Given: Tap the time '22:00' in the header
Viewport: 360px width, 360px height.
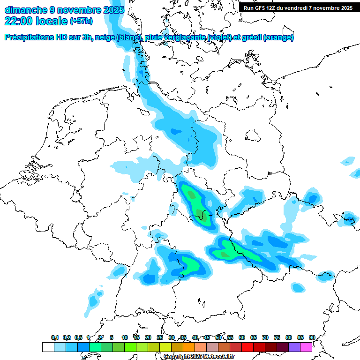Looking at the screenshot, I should click(19, 21).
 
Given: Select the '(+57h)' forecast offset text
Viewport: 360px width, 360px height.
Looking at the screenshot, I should click(81, 22).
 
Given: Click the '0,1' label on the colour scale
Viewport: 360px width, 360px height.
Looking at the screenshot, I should click(54, 337).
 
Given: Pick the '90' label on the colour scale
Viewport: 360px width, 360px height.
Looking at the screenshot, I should click(312, 337).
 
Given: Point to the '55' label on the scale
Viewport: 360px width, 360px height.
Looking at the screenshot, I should click(230, 337).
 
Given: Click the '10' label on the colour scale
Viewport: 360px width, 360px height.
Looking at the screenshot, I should click(125, 337).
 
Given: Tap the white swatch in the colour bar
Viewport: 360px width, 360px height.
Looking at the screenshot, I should click(48, 347).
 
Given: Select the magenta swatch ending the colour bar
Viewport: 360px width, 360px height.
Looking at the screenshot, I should click(306, 347).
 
